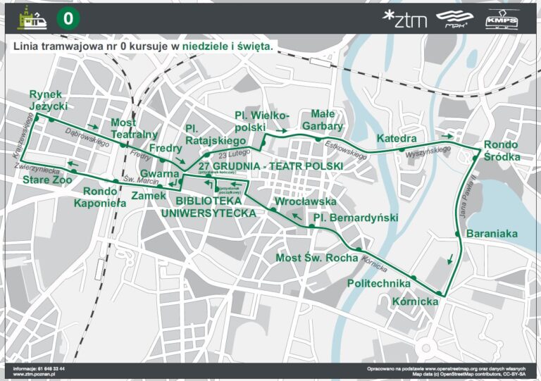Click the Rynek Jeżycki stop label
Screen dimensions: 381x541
[x=48, y=100]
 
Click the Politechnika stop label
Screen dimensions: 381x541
[x=379, y=283]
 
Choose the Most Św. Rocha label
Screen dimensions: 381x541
[x=317, y=258]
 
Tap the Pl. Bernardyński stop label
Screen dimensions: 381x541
[x=356, y=218]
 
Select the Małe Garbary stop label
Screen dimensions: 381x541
[x=322, y=120]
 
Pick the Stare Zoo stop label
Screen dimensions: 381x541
[x=44, y=181]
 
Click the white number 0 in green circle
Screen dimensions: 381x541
[x=67, y=19]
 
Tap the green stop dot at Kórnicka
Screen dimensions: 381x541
[x=439, y=293]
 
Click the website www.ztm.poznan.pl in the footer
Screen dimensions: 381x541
[x=35, y=375]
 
